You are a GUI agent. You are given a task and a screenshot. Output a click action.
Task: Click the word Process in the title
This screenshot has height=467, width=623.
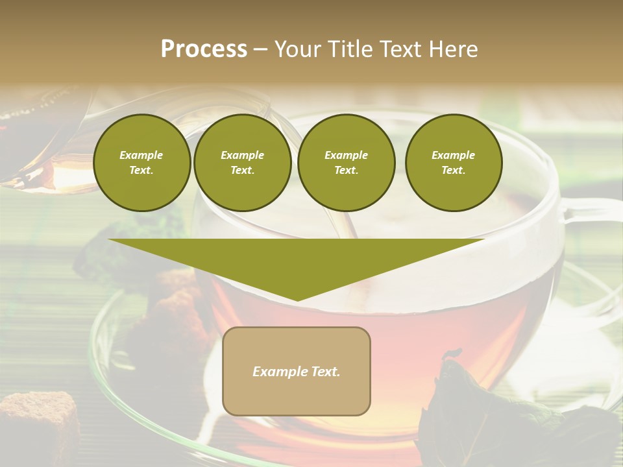point(204,49)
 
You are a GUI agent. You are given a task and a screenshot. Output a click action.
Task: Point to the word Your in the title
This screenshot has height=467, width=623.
point(297,49)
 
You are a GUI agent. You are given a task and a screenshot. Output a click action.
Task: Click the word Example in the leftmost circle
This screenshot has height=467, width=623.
point(141,155)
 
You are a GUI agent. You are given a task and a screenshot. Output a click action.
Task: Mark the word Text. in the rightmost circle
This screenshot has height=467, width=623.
point(454,170)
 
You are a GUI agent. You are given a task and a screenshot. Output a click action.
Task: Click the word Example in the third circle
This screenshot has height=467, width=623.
point(346,155)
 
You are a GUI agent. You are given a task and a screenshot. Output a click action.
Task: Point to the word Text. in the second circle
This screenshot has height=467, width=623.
point(243,170)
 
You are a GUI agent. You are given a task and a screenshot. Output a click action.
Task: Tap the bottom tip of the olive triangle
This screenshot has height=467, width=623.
point(297,300)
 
